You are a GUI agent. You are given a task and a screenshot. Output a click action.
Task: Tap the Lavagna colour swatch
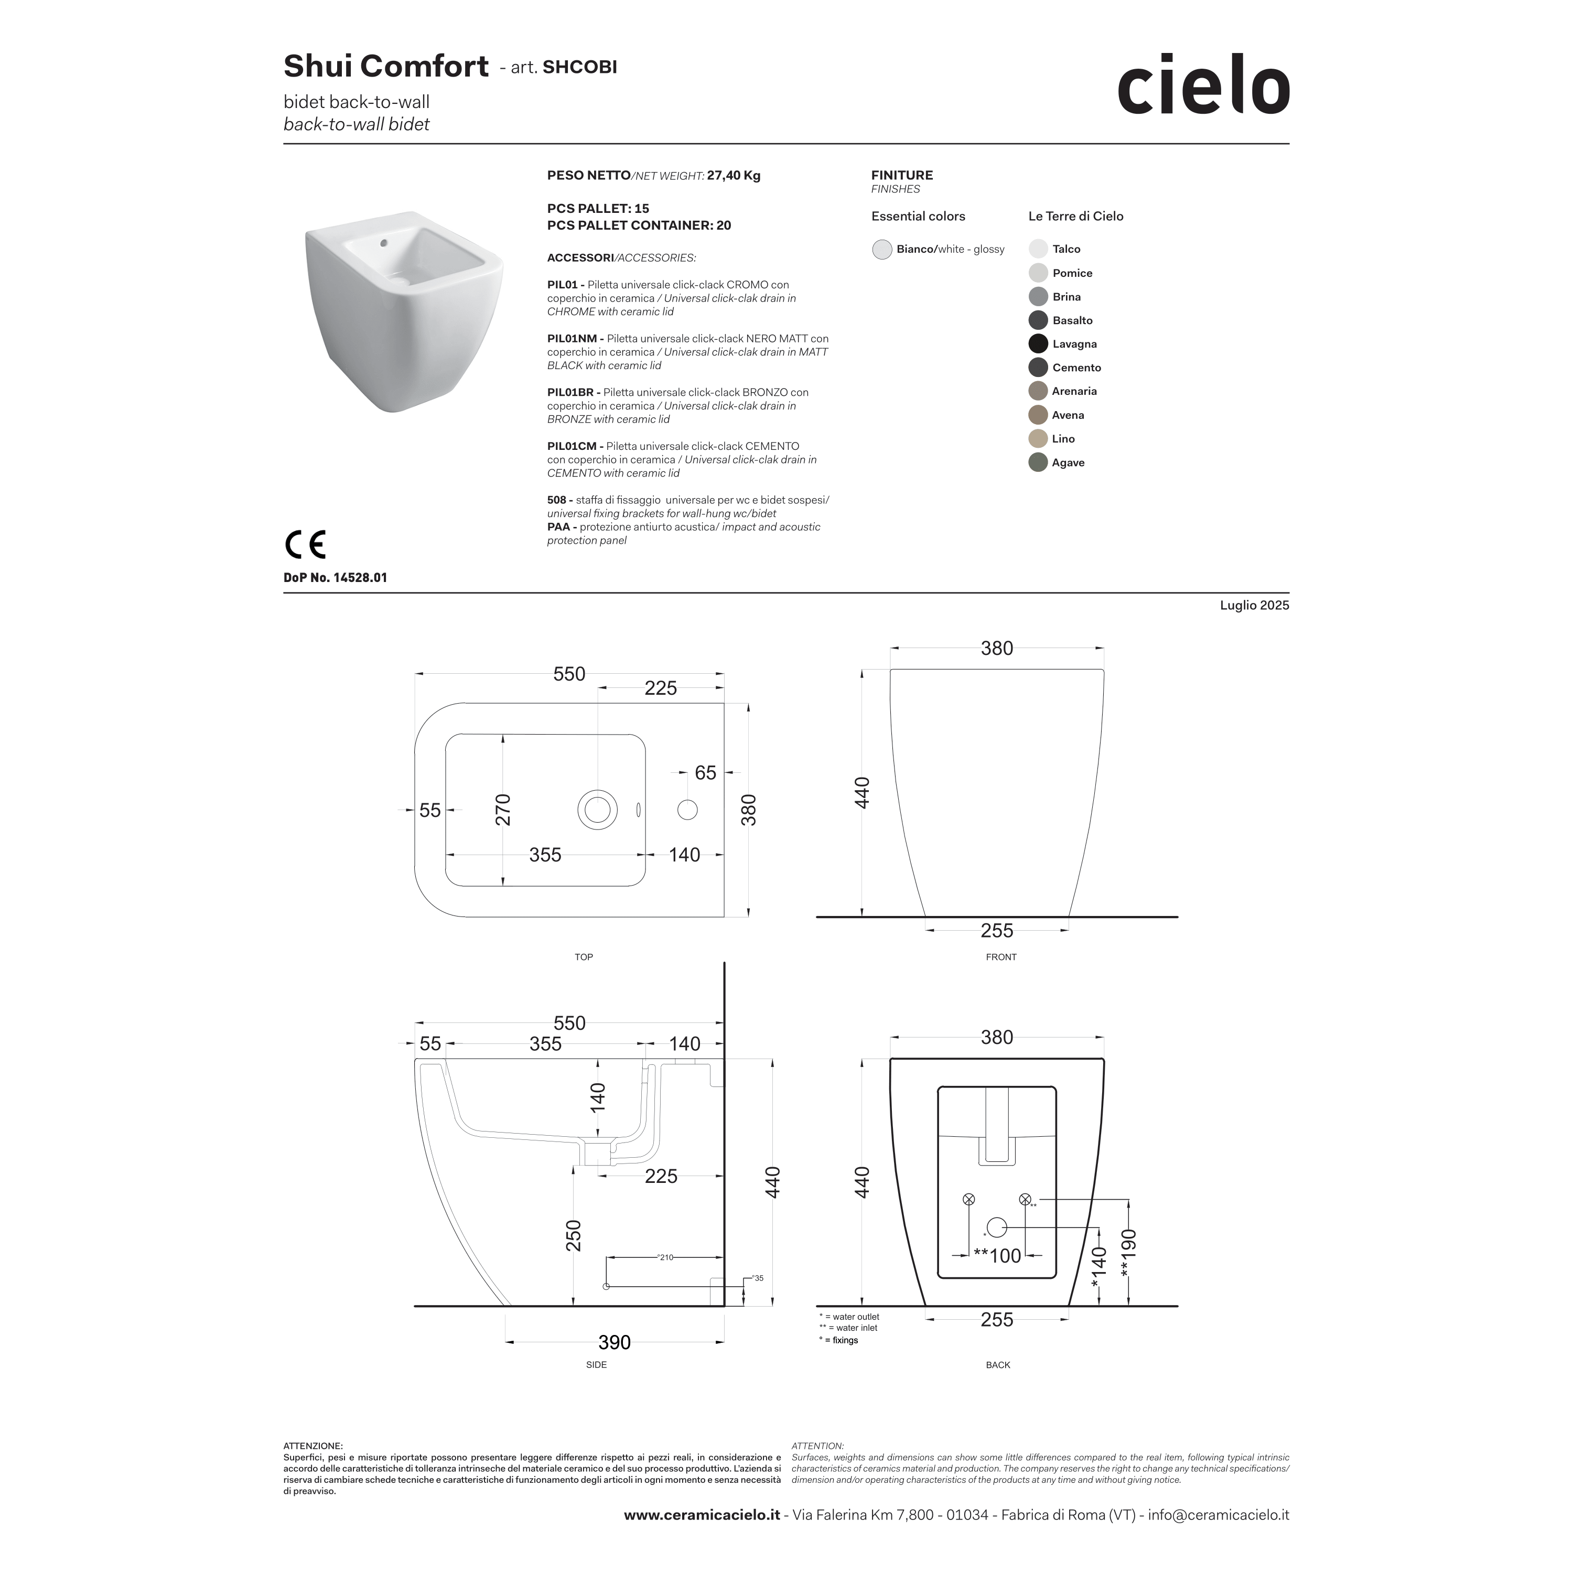tap(1038, 343)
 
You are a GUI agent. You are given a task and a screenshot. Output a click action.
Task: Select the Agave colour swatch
tap(1038, 462)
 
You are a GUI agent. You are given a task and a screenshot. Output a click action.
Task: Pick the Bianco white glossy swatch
tap(882, 249)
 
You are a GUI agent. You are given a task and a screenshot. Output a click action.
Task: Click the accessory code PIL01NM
tap(574, 339)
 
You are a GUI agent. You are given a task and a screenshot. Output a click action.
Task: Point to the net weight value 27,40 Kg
tap(734, 175)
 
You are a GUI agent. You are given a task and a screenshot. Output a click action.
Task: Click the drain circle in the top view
tap(598, 810)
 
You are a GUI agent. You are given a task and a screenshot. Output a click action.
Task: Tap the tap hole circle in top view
tap(688, 810)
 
